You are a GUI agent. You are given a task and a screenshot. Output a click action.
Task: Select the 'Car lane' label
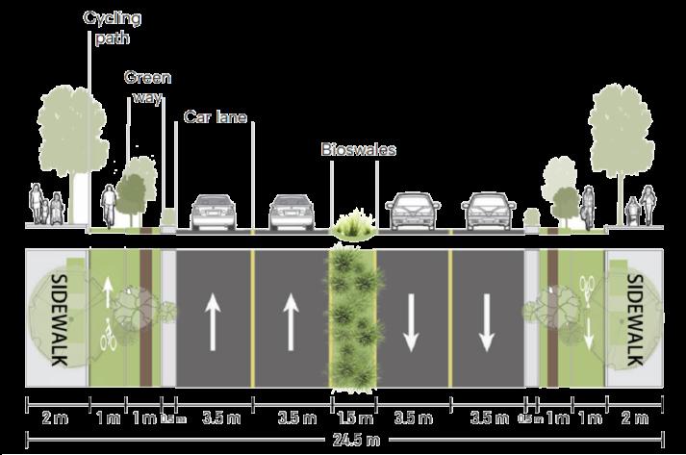[216, 117]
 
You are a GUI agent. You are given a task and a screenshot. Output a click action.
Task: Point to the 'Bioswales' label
[358, 150]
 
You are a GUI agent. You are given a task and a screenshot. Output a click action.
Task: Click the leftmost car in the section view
[213, 213]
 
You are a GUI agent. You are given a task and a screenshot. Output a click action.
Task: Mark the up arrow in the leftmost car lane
[213, 315]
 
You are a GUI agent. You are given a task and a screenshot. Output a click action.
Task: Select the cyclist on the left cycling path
[109, 205]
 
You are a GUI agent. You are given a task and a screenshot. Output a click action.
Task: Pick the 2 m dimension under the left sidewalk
[54, 418]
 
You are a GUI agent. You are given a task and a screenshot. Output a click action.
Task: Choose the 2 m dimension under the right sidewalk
[634, 418]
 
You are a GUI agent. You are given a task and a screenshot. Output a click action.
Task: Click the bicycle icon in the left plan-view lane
[109, 339]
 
